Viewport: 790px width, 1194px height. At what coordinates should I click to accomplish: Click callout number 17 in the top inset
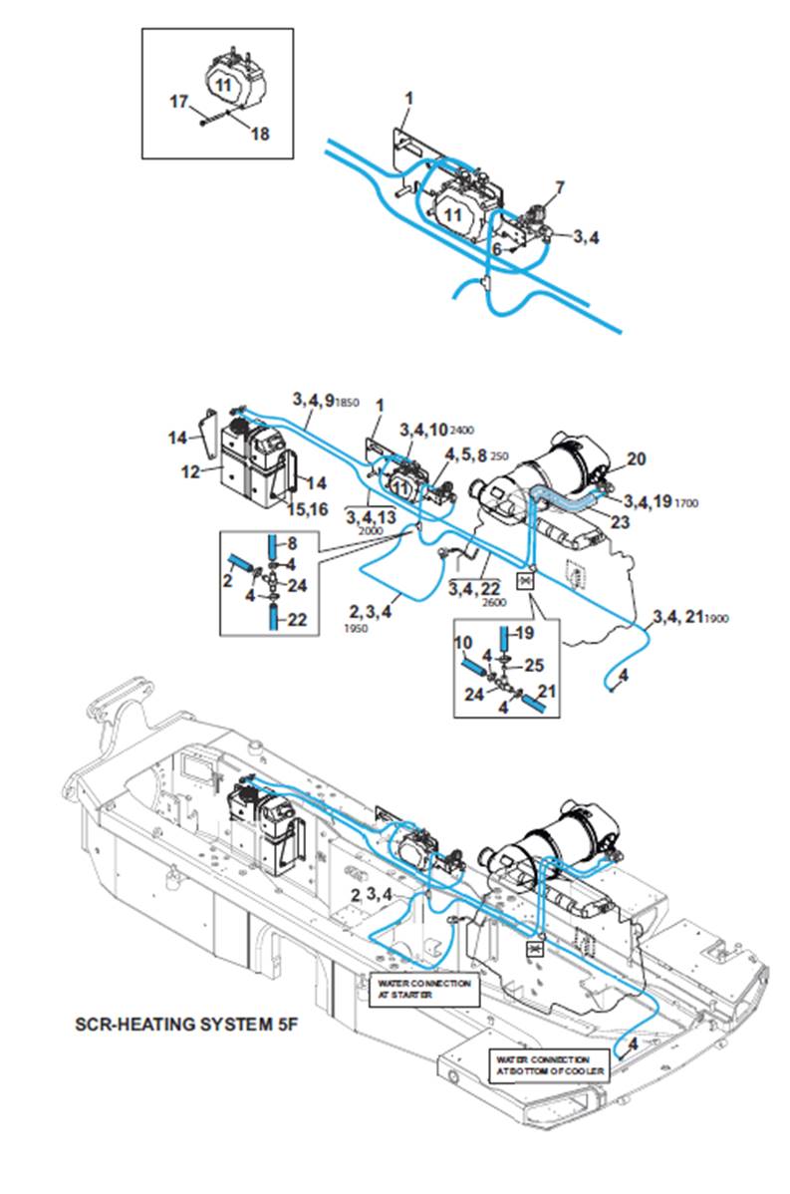click(x=178, y=101)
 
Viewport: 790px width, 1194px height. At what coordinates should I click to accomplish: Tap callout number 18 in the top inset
click(x=259, y=134)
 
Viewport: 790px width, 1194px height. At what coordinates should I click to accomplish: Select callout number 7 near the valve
click(x=559, y=186)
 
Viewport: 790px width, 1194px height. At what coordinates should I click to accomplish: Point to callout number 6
click(x=496, y=248)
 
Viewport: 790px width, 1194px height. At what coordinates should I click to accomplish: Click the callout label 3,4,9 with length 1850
click(x=325, y=399)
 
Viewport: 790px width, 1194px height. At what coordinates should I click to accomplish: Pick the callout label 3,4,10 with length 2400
click(x=435, y=429)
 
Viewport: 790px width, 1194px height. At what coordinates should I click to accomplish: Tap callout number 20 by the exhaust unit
click(x=636, y=459)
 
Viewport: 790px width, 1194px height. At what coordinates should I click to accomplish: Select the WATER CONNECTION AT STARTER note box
click(x=422, y=988)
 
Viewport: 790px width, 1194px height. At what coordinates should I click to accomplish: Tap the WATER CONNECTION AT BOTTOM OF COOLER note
click(x=543, y=1064)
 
